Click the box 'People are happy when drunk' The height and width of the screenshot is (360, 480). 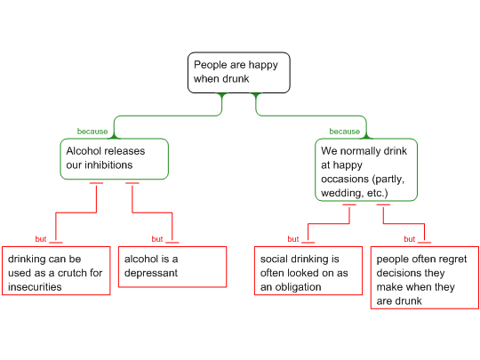click(x=239, y=73)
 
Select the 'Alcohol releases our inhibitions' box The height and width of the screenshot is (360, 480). click(x=114, y=159)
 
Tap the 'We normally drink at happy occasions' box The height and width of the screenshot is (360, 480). click(x=366, y=170)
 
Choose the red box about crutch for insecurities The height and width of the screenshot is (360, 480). click(x=56, y=271)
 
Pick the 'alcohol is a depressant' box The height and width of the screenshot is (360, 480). click(x=172, y=267)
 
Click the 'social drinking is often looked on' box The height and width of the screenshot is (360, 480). click(x=308, y=271)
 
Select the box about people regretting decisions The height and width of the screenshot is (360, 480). click(x=425, y=277)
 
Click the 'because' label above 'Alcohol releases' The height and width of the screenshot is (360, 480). click(x=92, y=132)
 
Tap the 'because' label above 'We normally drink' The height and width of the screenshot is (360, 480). click(x=345, y=132)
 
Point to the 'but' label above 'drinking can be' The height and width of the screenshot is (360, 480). click(x=41, y=239)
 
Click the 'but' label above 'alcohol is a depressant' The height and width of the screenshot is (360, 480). click(x=157, y=239)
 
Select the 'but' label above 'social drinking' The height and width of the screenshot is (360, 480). click(x=293, y=239)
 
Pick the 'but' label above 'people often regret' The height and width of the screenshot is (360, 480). click(x=409, y=239)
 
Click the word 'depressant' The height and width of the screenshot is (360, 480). click(x=151, y=274)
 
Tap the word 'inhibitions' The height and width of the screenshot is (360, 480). click(x=108, y=165)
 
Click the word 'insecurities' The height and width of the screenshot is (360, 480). click(x=35, y=287)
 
